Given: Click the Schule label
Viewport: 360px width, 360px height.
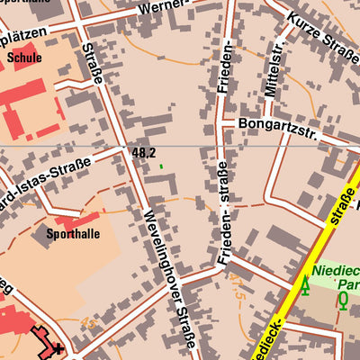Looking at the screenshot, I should [x=24, y=57].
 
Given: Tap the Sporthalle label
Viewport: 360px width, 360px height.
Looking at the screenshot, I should [x=73, y=234].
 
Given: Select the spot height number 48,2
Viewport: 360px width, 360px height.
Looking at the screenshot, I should [x=143, y=154].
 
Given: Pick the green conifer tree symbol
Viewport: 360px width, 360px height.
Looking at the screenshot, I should [x=304, y=286].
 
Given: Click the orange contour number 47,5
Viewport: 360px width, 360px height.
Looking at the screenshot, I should [x=238, y=289].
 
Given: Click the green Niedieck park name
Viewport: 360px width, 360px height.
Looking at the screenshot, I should [x=337, y=268].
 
